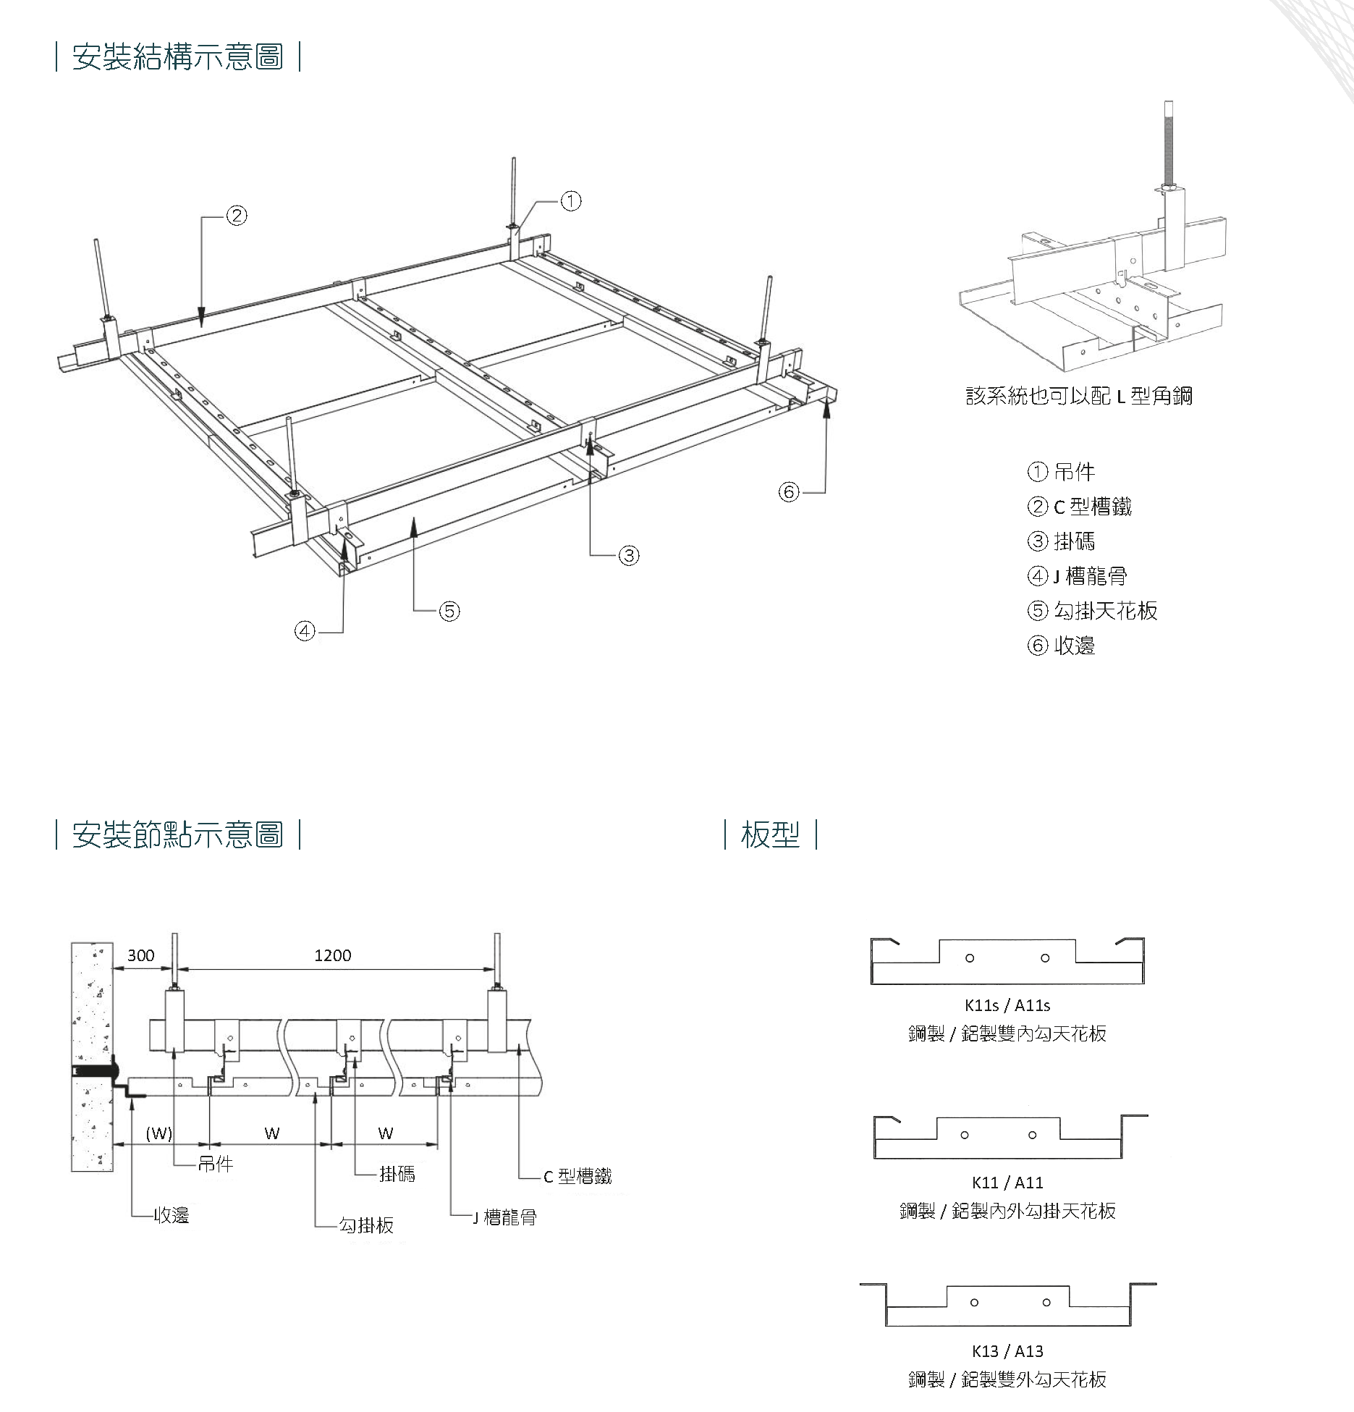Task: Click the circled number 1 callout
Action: [571, 200]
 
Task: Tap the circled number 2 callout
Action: [237, 215]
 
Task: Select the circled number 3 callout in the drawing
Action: [629, 555]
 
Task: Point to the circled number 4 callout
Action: [305, 632]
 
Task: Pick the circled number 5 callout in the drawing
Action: [449, 611]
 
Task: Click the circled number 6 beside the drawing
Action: [788, 492]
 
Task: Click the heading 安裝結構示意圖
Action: [177, 56]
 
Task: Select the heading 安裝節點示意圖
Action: [177, 834]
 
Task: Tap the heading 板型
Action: [770, 834]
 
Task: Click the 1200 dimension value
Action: [333, 955]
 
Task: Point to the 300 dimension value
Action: [140, 955]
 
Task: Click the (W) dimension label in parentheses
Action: [159, 1133]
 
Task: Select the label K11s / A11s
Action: [1007, 1005]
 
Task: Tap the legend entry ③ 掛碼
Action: [1061, 541]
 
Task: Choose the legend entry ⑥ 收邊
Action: [1061, 645]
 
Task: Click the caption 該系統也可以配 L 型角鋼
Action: [1079, 396]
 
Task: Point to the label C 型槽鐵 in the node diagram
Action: [577, 1177]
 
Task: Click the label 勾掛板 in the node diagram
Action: [367, 1225]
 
